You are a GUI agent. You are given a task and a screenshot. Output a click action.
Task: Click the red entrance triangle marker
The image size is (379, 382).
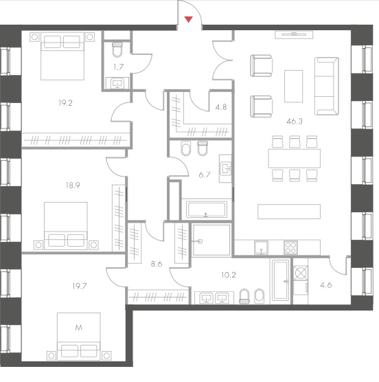pyautogui.click(x=188, y=19)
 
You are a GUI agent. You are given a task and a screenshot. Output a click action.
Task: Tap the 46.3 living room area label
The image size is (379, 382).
pyautogui.click(x=295, y=122)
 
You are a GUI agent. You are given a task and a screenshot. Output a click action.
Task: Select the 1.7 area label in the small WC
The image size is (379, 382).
pyautogui.click(x=119, y=67)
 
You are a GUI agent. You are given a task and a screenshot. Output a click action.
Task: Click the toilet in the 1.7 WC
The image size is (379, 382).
pyautogui.click(x=117, y=49)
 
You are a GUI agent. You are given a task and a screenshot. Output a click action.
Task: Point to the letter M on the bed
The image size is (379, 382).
pyautogui.click(x=79, y=328)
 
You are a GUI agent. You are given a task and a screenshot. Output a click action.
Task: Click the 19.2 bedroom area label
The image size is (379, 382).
pyautogui.click(x=65, y=103)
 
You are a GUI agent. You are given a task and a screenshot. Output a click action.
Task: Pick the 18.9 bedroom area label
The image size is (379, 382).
pyautogui.click(x=73, y=185)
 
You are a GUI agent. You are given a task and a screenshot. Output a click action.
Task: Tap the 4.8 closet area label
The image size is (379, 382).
pyautogui.click(x=221, y=107)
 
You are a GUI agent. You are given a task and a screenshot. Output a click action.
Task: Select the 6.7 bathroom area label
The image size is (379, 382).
pyautogui.click(x=205, y=175)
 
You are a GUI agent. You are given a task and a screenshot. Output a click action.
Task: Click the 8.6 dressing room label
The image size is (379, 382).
pyautogui.click(x=157, y=264)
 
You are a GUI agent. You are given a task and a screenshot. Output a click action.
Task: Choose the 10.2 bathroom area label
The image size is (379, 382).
pyautogui.click(x=229, y=275)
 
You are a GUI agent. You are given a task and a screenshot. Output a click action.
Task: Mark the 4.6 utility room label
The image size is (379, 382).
pyautogui.click(x=326, y=285)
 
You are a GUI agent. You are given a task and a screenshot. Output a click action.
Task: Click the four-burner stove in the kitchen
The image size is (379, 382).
pyautogui.click(x=290, y=247)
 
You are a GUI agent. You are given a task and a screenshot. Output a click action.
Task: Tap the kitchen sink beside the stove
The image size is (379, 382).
pyautogui.click(x=261, y=247)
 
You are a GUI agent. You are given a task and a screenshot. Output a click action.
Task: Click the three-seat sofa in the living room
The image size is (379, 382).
pyautogui.click(x=326, y=86)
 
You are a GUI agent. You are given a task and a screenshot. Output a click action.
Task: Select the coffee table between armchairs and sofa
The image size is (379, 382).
pyautogui.click(x=294, y=87)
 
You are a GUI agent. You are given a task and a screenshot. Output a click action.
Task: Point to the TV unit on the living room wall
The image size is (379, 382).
pyautogui.click(x=294, y=35)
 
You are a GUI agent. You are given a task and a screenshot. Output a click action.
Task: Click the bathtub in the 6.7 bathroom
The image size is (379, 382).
pyautogui.click(x=207, y=210)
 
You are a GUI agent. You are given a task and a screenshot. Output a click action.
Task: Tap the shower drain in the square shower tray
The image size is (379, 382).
pyautogui.click(x=200, y=241)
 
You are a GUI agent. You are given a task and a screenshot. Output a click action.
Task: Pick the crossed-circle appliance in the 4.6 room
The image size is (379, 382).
pyautogui.click(x=301, y=273)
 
